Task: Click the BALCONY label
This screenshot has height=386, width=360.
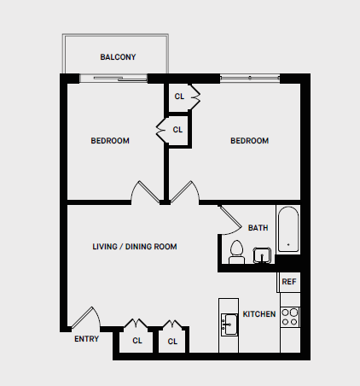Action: (118, 57)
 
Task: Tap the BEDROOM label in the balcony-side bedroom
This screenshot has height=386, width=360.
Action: (110, 141)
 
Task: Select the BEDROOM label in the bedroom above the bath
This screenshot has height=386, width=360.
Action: (249, 141)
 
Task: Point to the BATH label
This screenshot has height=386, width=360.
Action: (258, 228)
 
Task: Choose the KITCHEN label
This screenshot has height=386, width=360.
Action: (259, 314)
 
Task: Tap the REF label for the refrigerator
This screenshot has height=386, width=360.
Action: (289, 282)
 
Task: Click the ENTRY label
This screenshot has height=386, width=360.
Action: (86, 339)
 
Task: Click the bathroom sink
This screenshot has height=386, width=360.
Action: (261, 254)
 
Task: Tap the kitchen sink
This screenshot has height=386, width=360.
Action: (229, 325)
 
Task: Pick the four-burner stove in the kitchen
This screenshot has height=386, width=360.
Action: (290, 317)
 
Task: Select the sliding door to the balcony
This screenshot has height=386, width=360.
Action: (113, 79)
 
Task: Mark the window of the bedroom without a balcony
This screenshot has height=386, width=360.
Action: (250, 79)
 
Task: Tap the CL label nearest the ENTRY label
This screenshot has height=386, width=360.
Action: (136, 341)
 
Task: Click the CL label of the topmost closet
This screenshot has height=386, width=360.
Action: (179, 96)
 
